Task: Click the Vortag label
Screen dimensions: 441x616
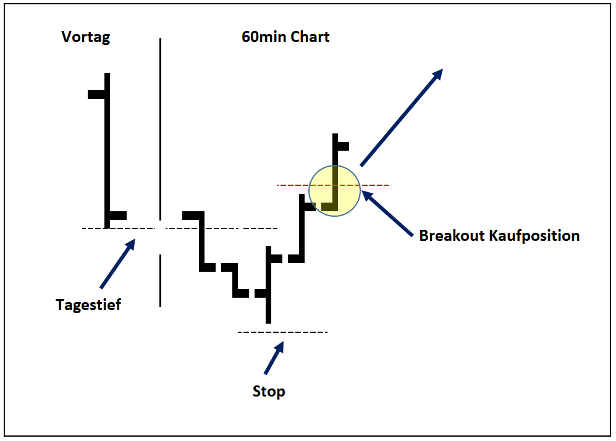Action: click(86, 37)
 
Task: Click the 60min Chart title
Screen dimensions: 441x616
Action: click(285, 37)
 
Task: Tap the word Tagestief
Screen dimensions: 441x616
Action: click(88, 304)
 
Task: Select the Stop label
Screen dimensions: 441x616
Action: click(269, 392)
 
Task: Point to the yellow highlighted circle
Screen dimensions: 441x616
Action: click(334, 190)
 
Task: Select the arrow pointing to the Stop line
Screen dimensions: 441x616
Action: click(274, 358)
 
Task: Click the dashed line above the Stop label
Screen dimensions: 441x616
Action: click(282, 332)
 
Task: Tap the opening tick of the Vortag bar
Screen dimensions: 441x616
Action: click(96, 94)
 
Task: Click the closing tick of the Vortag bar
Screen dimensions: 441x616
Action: click(118, 216)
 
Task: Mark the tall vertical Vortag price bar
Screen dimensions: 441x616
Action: click(108, 148)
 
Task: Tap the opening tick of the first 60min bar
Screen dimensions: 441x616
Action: click(192, 215)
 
